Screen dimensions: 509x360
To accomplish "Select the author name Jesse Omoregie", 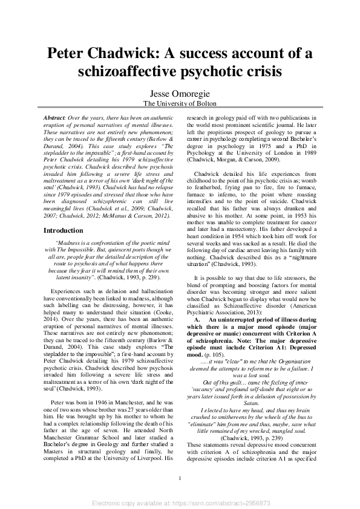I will [x=180, y=93].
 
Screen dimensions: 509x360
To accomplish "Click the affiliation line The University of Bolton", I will [x=180, y=103].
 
